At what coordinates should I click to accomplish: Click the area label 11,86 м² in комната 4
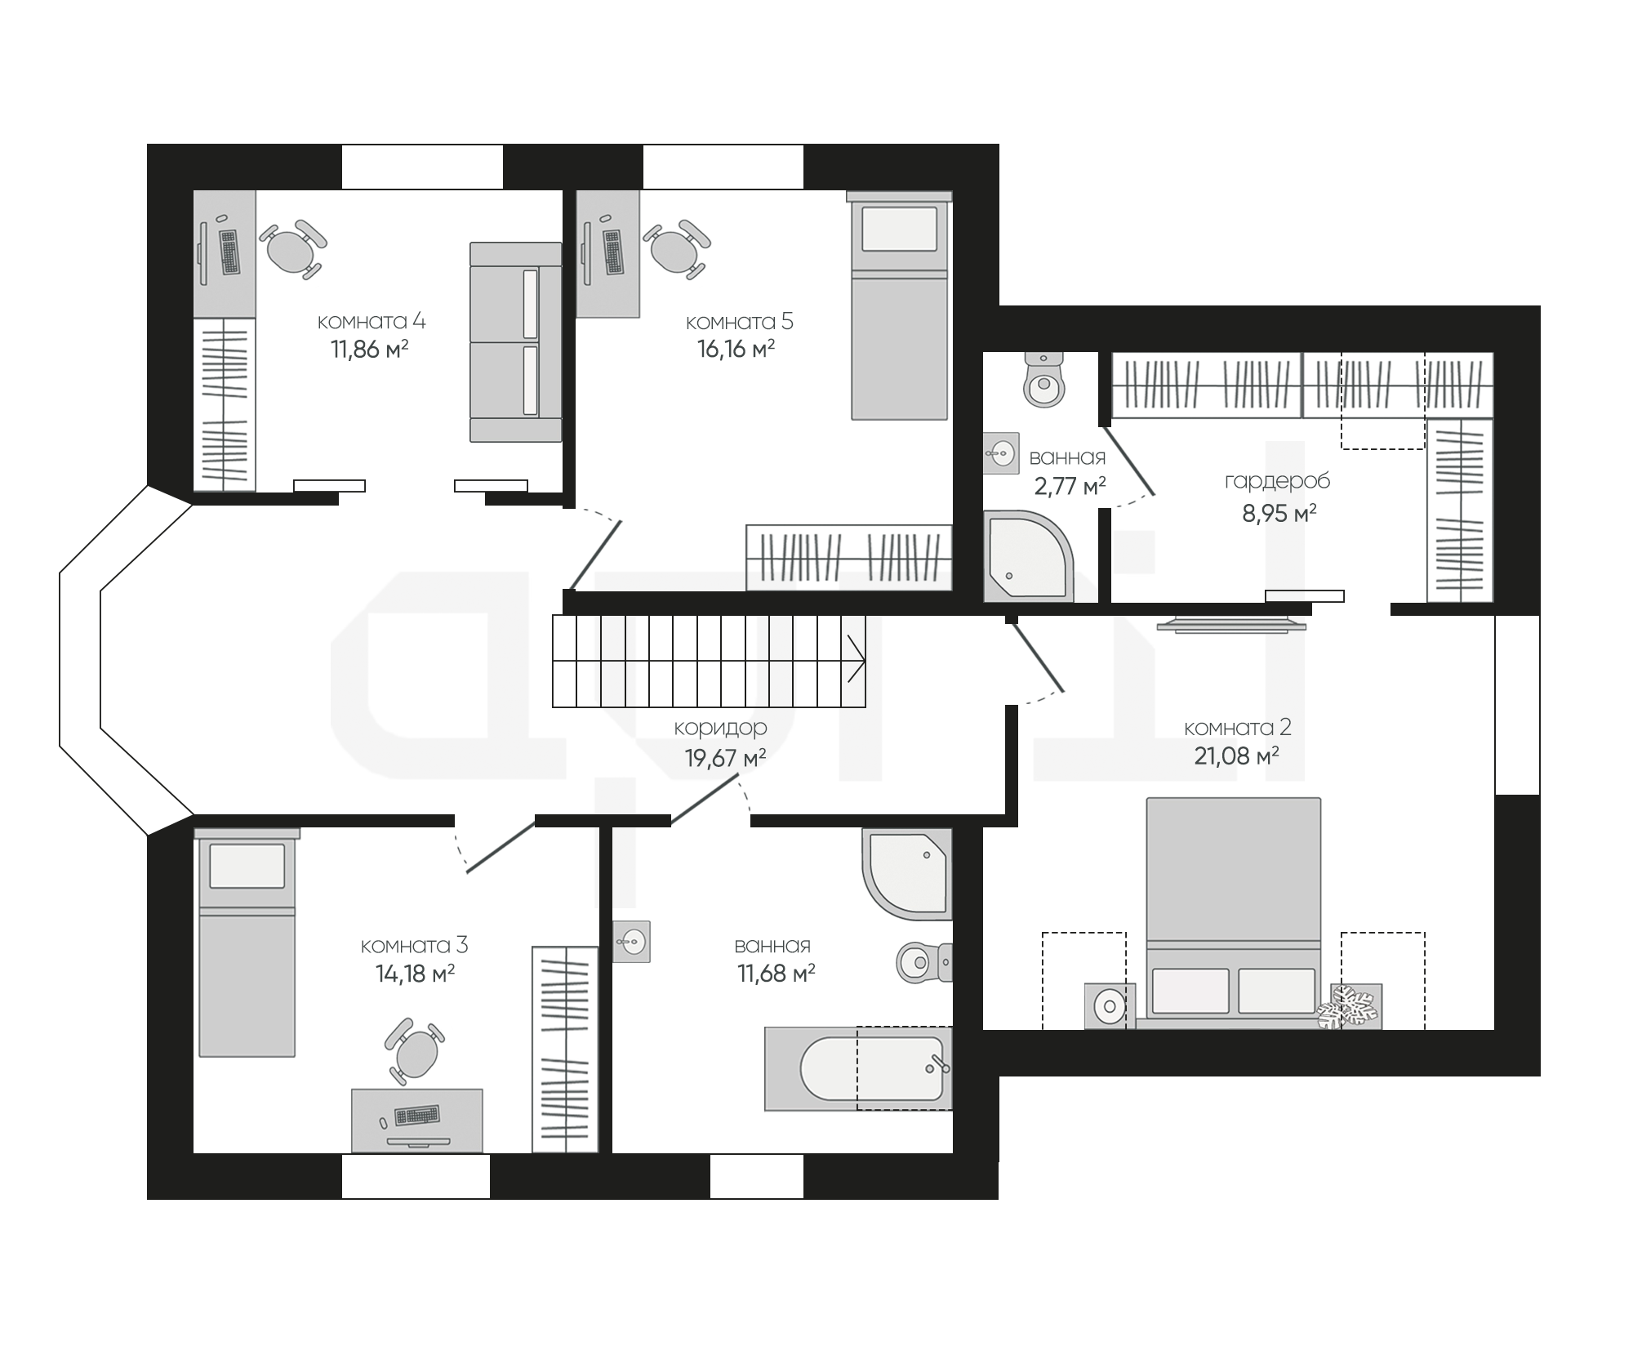click(x=369, y=350)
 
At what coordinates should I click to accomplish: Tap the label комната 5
click(x=739, y=321)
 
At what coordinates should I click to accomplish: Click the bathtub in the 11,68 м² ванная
click(x=858, y=1068)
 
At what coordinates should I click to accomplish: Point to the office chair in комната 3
click(x=415, y=1050)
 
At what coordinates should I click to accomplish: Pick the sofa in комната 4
click(x=515, y=341)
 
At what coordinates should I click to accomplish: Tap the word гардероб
click(x=1277, y=482)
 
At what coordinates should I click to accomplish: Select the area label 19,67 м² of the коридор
click(x=725, y=758)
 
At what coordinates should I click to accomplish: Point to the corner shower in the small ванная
click(x=1028, y=556)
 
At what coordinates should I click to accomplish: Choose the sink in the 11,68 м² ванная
click(x=631, y=941)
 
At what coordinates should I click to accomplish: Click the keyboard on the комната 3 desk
click(x=416, y=1115)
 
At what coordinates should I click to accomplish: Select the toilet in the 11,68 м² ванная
click(x=924, y=962)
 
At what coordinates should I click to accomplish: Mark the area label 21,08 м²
click(x=1236, y=756)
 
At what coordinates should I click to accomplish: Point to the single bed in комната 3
click(x=247, y=942)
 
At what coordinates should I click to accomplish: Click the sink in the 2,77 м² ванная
click(x=1001, y=452)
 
